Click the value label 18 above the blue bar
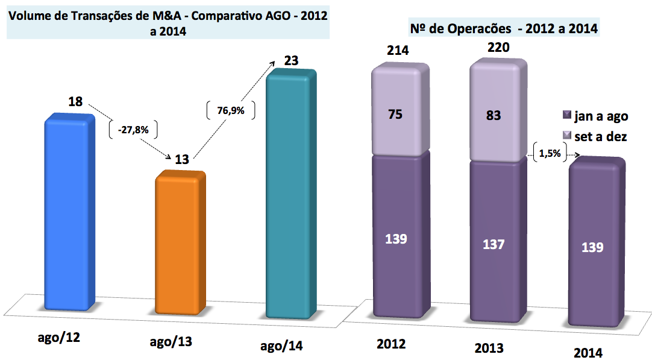point(75,101)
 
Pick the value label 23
point(291,61)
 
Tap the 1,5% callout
point(550,153)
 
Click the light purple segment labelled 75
point(397,115)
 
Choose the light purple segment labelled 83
point(494,115)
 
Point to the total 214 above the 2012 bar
point(397,50)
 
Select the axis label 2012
point(391,344)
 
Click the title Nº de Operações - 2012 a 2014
point(503,28)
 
